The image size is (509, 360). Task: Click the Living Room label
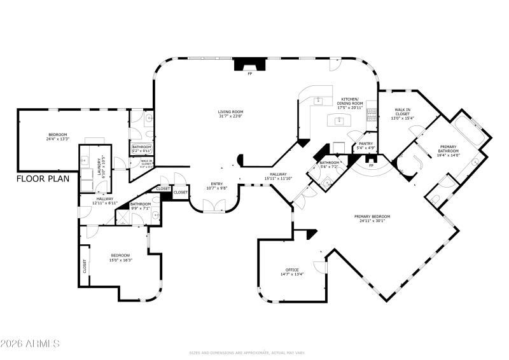230,113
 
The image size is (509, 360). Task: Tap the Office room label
292,272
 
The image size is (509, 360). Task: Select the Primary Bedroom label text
372,218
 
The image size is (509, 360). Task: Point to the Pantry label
366,146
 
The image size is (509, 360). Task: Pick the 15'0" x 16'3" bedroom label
121,258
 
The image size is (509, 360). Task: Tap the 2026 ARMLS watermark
30,343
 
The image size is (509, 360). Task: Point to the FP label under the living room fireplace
250,74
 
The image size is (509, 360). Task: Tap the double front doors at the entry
209,204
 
